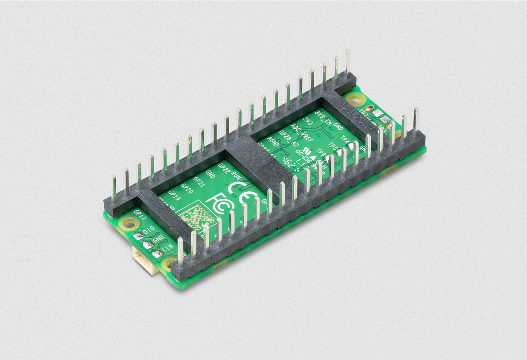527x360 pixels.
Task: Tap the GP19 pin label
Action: click(174, 196)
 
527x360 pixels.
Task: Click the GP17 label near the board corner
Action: click(141, 214)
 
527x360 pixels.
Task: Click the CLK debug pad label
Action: click(168, 246)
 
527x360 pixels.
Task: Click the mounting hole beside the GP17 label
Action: click(129, 223)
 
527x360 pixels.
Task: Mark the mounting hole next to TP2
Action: click(356, 101)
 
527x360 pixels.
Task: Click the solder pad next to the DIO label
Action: click(138, 236)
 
